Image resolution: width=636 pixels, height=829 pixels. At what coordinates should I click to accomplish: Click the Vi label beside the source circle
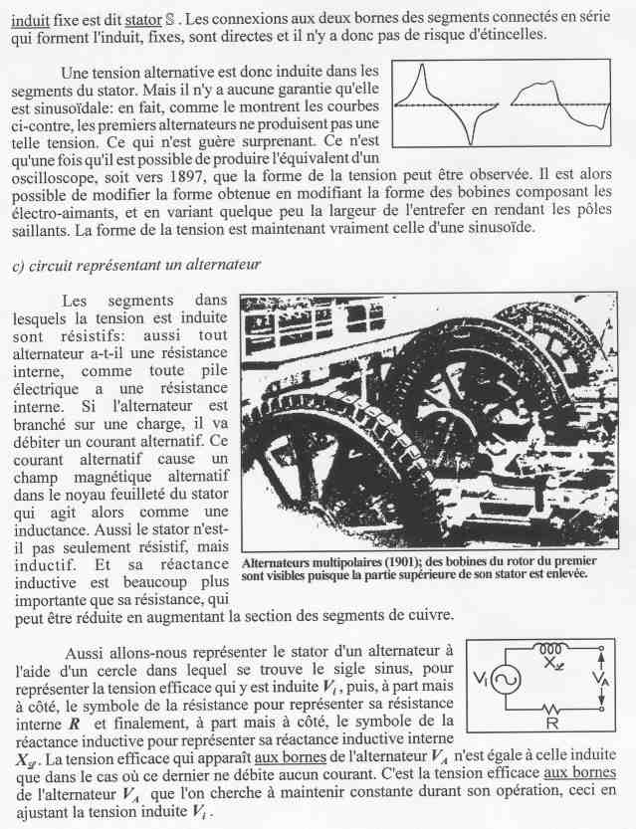click(480, 680)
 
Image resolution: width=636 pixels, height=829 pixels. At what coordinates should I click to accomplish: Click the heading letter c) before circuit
click(19, 265)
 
